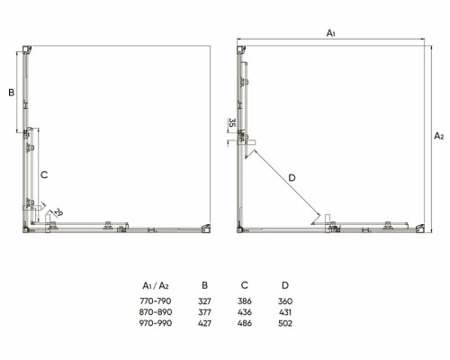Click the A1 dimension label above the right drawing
click(330, 33)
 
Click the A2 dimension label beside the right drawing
click(439, 136)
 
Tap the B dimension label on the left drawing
click(12, 93)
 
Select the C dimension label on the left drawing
click(44, 175)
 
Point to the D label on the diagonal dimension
click(292, 178)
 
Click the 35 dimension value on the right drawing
click(232, 122)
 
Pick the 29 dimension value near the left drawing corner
click(58, 212)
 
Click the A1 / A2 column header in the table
click(156, 285)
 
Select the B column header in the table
click(204, 285)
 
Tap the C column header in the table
click(245, 285)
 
